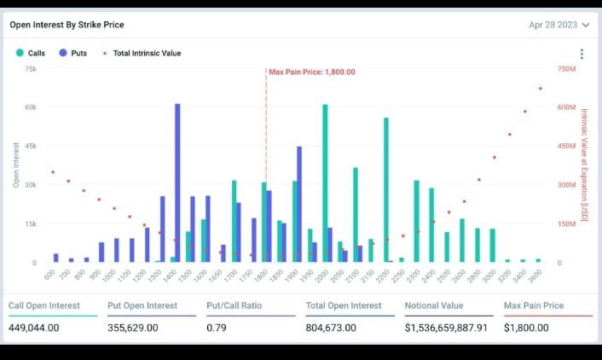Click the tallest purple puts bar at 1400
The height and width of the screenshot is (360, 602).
tap(177, 183)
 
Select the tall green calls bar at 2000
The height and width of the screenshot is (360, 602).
tap(325, 183)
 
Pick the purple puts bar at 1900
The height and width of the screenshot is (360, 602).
tap(299, 204)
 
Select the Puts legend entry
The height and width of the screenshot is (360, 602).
tap(73, 53)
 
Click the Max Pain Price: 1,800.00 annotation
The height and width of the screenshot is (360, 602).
tap(311, 73)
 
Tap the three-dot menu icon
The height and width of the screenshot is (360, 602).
tap(582, 54)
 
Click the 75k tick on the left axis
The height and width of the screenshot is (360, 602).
tap(30, 68)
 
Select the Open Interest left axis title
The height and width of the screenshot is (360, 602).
tap(16, 165)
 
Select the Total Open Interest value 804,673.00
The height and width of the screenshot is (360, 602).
tap(335, 328)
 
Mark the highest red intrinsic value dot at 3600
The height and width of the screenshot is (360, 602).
tap(540, 89)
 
